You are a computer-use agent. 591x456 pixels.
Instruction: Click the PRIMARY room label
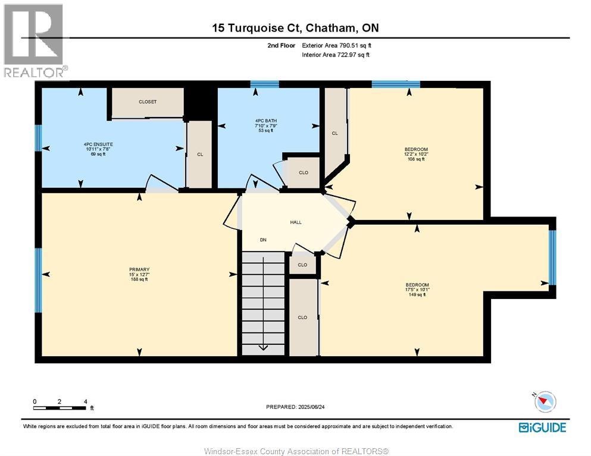pyautogui.click(x=139, y=269)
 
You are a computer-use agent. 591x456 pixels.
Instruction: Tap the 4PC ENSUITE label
pyautogui.click(x=98, y=144)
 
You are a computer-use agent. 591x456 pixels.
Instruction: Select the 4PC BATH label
pyautogui.click(x=265, y=121)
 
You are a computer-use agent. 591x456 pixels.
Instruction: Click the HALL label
pyautogui.click(x=296, y=222)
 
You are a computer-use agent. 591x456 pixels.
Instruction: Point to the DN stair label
pyautogui.click(x=263, y=240)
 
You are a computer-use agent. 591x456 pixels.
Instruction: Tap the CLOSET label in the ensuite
pyautogui.click(x=148, y=102)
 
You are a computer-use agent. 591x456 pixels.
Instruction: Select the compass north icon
pyautogui.click(x=545, y=401)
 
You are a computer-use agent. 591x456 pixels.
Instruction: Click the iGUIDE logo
pyautogui.click(x=542, y=427)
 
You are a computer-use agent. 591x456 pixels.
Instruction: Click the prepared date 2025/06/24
pyautogui.click(x=311, y=407)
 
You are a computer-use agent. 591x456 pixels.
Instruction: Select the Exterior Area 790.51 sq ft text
pyautogui.click(x=337, y=46)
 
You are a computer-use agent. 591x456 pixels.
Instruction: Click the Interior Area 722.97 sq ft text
pyautogui.click(x=336, y=55)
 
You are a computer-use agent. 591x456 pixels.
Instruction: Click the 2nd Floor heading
pyautogui.click(x=281, y=46)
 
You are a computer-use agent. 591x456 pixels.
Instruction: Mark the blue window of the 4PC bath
pyautogui.click(x=265, y=84)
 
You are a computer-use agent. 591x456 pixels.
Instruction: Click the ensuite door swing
pyautogui.click(x=162, y=183)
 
